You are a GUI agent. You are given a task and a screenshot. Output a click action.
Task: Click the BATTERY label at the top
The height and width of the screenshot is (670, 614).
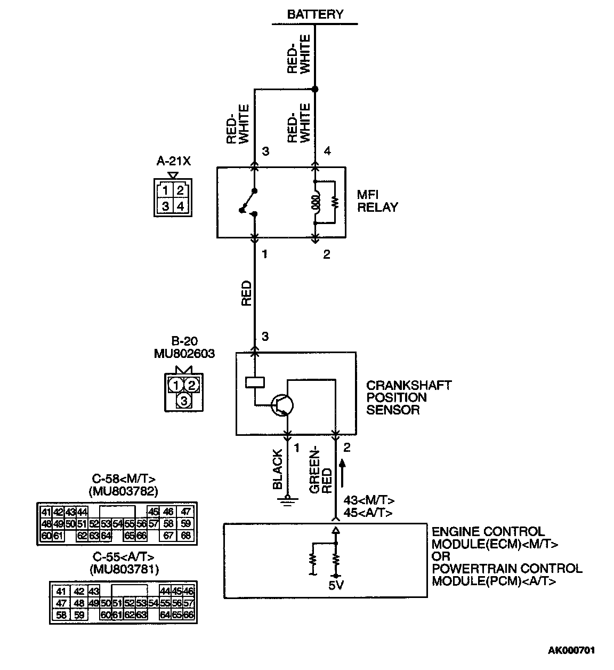pyautogui.click(x=315, y=14)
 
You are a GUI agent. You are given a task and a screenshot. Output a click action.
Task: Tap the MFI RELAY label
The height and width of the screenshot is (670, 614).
pyautogui.click(x=377, y=201)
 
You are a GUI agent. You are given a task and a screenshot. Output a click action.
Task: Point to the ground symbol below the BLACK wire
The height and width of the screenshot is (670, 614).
pyautogui.click(x=288, y=500)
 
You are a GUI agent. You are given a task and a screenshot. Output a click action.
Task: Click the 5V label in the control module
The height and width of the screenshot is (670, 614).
pyautogui.click(x=335, y=586)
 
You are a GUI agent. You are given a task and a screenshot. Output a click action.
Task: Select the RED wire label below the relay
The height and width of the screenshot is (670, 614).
pyautogui.click(x=246, y=293)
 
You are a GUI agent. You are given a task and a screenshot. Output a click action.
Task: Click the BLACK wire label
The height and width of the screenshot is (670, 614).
pyautogui.click(x=278, y=469)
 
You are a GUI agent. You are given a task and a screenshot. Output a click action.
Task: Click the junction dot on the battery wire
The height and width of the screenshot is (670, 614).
pyautogui.click(x=315, y=89)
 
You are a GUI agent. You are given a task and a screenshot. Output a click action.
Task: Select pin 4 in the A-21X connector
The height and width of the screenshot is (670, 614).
pyautogui.click(x=180, y=206)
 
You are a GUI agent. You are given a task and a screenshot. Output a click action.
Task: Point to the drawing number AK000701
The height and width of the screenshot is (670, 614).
pyautogui.click(x=571, y=650)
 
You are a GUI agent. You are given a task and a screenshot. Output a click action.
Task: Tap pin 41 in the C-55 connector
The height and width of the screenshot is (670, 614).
pyautogui.click(x=61, y=591)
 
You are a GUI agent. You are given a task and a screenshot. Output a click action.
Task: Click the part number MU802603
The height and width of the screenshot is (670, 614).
pyautogui.click(x=184, y=353)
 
